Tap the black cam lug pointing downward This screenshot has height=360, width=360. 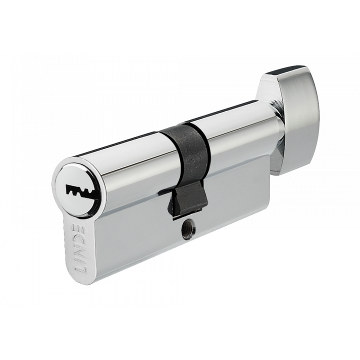coord(187,200)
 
